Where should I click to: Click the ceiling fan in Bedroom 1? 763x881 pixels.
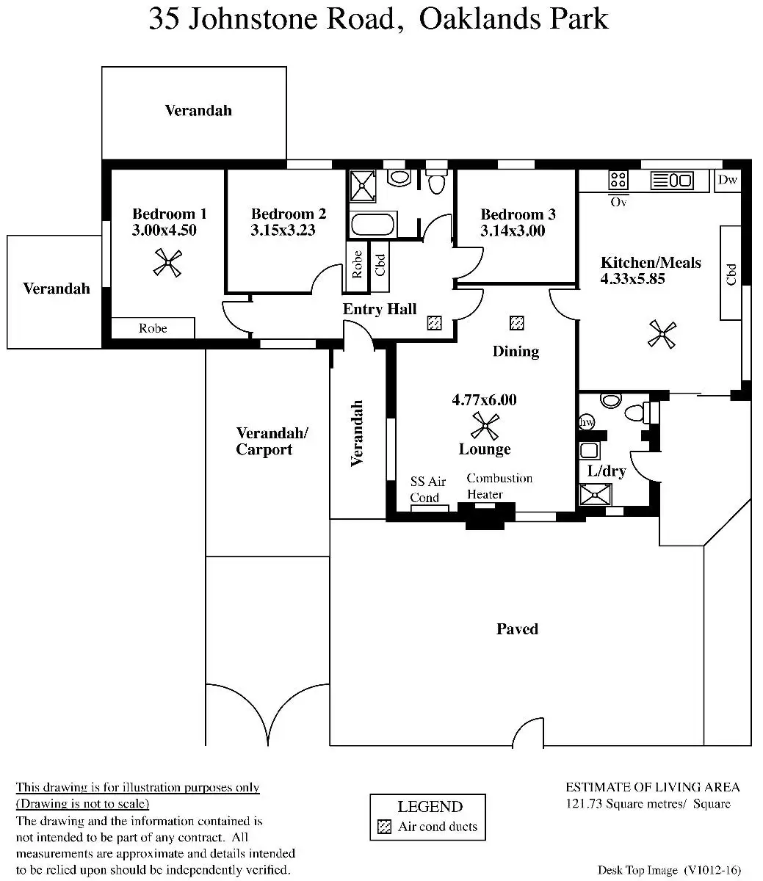click(x=168, y=263)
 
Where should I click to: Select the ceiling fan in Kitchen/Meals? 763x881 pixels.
click(x=662, y=335)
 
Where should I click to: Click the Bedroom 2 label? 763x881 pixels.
click(x=288, y=214)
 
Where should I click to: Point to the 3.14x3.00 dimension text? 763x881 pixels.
click(x=513, y=231)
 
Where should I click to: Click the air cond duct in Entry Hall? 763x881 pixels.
click(x=435, y=322)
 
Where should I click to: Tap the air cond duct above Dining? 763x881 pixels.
click(x=518, y=322)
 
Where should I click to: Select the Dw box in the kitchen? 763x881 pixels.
click(x=727, y=181)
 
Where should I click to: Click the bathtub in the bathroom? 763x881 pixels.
click(x=374, y=224)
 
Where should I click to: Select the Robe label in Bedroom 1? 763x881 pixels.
click(x=153, y=328)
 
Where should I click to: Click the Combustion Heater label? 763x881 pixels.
click(x=499, y=486)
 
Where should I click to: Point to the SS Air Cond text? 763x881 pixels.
click(x=428, y=489)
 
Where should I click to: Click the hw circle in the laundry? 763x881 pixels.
click(x=587, y=422)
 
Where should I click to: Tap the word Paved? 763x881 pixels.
click(x=517, y=629)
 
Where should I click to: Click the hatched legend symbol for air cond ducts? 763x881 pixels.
click(x=385, y=827)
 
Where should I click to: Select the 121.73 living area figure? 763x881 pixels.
click(x=583, y=804)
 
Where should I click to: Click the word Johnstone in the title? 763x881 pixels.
click(x=292, y=19)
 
